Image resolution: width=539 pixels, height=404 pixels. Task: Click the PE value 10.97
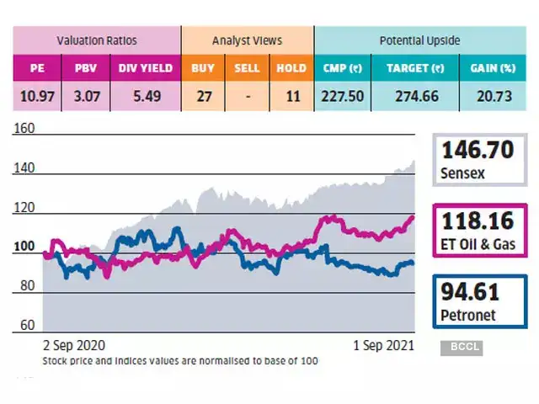36,97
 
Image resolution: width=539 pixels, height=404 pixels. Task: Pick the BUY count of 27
204,97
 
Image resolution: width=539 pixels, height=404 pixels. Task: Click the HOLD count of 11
291,97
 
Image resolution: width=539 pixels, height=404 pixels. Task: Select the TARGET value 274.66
413,97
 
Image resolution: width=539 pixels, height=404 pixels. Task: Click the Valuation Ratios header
96,40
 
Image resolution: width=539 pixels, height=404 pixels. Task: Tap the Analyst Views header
248,40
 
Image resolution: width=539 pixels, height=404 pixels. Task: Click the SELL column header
248,68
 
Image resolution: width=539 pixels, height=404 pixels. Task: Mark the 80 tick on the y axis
26,286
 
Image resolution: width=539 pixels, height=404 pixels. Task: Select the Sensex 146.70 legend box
476,161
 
